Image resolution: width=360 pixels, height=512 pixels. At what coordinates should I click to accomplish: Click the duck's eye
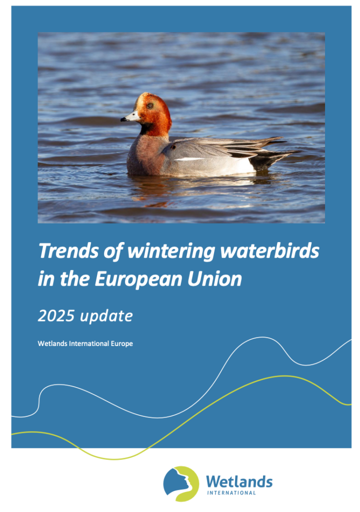150,106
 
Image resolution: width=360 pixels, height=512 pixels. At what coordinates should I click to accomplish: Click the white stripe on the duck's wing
189,159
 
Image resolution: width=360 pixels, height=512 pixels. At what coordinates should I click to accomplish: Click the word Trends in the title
68,251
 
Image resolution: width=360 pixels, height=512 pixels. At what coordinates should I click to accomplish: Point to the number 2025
56,316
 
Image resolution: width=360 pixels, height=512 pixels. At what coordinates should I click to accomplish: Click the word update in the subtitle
106,316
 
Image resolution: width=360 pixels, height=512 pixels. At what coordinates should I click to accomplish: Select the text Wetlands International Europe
85,343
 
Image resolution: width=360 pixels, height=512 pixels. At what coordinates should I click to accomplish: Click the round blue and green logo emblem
181,483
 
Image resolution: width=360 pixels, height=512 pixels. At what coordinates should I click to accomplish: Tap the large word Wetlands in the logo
239,481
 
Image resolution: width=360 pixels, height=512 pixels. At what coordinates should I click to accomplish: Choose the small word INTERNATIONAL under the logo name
231,493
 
